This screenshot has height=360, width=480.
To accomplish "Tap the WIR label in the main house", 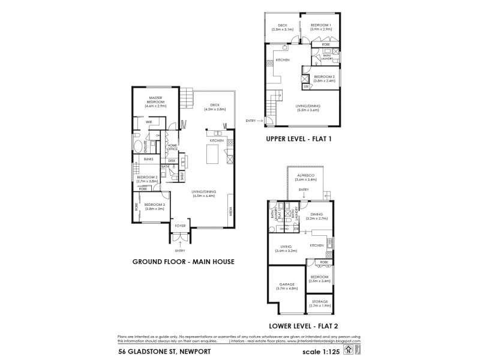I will (x=149, y=122).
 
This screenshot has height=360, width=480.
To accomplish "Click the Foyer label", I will (x=180, y=227).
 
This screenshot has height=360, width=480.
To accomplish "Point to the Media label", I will (x=230, y=212).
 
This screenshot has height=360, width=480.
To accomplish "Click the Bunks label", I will (x=149, y=160).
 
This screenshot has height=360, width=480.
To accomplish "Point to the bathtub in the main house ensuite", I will (x=139, y=148).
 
